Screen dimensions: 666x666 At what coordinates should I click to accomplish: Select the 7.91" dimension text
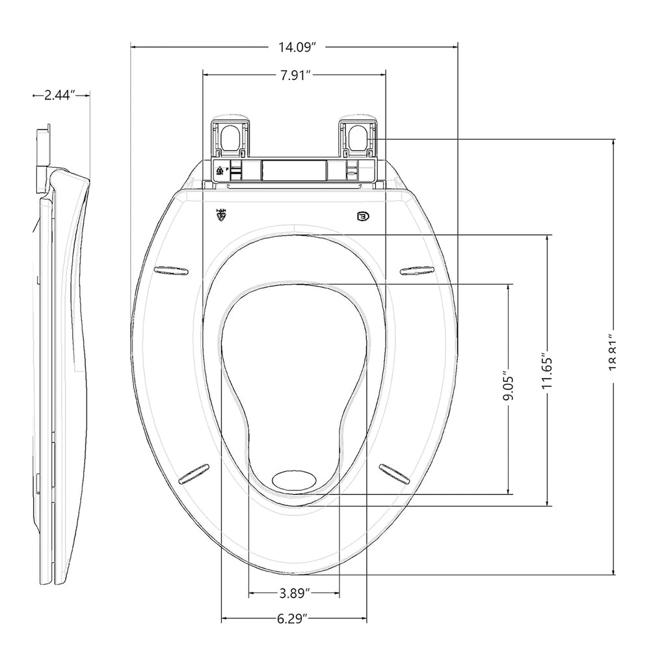click(295, 75)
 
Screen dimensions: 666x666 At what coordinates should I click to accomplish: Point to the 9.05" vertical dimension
click(509, 388)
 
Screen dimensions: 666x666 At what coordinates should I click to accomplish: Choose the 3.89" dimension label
click(294, 593)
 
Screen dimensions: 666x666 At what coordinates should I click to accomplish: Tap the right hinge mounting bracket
click(358, 137)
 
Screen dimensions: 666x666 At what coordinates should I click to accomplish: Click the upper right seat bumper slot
click(417, 270)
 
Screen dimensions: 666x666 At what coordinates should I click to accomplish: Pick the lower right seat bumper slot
click(395, 473)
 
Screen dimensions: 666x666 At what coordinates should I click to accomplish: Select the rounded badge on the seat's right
click(362, 216)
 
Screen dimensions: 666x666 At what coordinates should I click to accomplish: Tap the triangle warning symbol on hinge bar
click(220, 172)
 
